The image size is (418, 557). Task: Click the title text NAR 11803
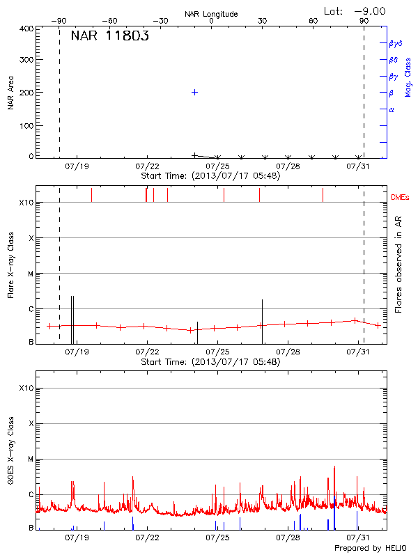(x=109, y=37)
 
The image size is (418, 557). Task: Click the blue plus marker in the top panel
(x=195, y=92)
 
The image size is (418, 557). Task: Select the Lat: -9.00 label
(x=355, y=10)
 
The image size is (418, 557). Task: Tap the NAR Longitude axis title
(x=211, y=14)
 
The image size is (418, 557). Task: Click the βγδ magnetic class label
(x=395, y=43)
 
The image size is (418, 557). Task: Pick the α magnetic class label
(x=392, y=109)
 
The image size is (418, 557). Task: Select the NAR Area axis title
(x=11, y=93)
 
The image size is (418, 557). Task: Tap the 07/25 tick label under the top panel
(x=218, y=166)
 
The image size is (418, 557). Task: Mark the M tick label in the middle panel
(x=31, y=274)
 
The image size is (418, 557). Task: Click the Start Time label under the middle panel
(x=210, y=362)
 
